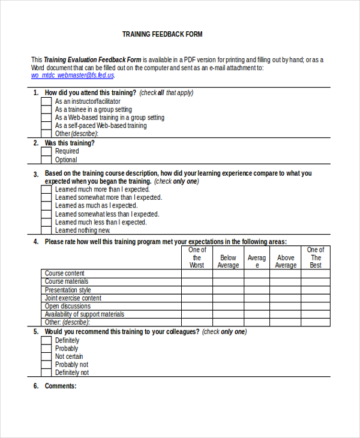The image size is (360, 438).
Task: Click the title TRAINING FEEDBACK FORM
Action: (162, 34)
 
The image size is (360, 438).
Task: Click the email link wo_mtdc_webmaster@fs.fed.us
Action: (72, 76)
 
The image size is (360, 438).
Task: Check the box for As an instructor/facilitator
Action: (46, 101)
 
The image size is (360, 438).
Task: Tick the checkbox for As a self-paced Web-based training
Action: (46, 126)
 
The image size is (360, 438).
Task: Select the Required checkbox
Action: (46, 152)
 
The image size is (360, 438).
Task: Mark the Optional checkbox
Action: (46, 160)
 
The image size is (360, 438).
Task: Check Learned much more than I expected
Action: (46, 190)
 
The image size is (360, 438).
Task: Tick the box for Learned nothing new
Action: (46, 230)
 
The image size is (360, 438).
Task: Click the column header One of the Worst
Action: (197, 257)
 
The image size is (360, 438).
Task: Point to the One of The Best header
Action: (316, 257)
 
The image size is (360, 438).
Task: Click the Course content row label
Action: (65, 274)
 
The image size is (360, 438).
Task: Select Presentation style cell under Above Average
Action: (286, 290)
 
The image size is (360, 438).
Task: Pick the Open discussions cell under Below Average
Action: (228, 306)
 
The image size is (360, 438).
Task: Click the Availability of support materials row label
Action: (85, 314)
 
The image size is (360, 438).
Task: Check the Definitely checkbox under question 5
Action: (46, 340)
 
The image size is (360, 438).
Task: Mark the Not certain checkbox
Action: (46, 356)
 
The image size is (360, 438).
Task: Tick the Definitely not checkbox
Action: (46, 373)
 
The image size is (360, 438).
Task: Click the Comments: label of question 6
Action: (61, 386)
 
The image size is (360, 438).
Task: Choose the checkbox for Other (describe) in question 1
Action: (46, 134)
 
